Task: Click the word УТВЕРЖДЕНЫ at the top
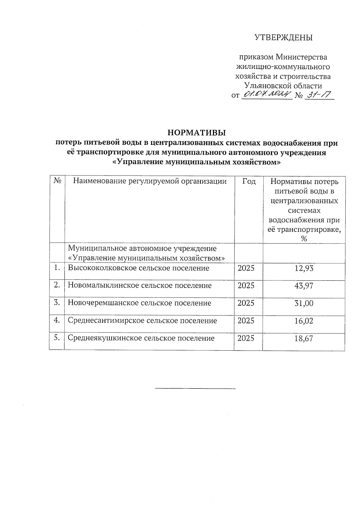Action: tap(283, 37)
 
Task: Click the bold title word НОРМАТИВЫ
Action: tap(196, 132)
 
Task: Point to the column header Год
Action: tap(249, 181)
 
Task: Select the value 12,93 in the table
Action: tap(304, 268)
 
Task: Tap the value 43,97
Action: tap(304, 286)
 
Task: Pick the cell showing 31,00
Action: tap(304, 303)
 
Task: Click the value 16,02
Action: tap(304, 321)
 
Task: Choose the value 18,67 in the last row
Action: tap(304, 339)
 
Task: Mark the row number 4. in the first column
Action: tap(57, 320)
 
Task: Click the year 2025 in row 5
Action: tap(246, 338)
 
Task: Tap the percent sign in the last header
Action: tap(304, 239)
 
